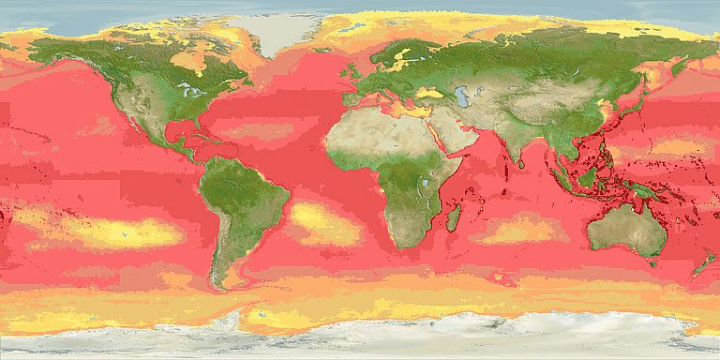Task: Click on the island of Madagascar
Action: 454,219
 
